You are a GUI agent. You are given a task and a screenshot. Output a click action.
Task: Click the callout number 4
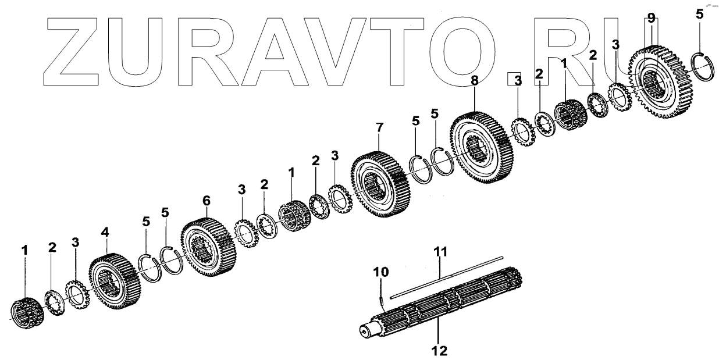click(x=105, y=232)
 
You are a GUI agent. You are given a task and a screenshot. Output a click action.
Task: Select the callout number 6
click(x=206, y=200)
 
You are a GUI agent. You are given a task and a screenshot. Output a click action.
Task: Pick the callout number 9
click(x=651, y=19)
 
